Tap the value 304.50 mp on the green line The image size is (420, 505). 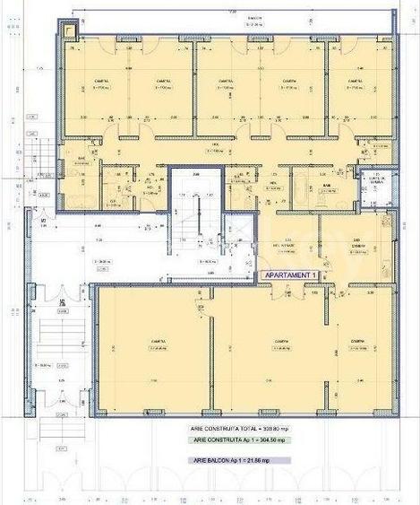click(273, 440)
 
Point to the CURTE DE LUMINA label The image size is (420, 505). click(374, 178)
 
